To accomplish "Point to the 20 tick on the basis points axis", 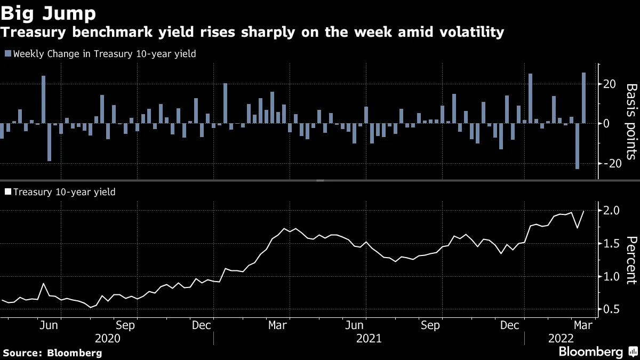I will click(x=610, y=84).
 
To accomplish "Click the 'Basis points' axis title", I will click(x=630, y=121).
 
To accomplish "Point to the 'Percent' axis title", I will click(x=630, y=259).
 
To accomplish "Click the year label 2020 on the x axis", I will click(x=107, y=339).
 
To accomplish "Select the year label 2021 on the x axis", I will click(x=369, y=339).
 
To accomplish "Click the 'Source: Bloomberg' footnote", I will click(x=52, y=353).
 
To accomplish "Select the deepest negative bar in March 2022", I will click(x=577, y=146).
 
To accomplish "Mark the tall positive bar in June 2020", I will click(x=43, y=100).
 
